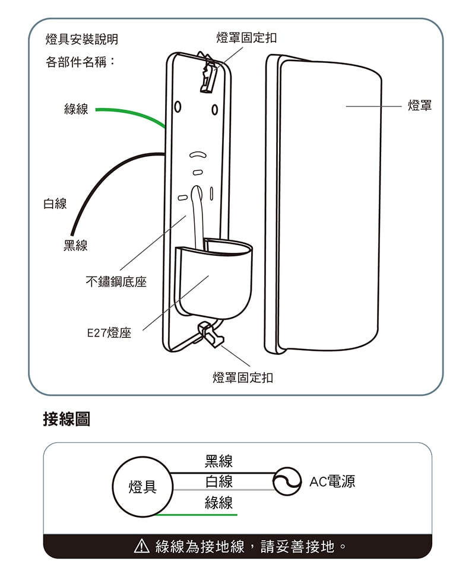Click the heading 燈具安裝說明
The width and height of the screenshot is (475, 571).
82,40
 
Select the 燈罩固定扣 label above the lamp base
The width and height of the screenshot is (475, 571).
246,38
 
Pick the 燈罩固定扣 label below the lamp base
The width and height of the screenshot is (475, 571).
243,378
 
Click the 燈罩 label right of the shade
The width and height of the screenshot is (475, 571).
420,106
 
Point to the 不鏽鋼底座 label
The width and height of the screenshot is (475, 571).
116,283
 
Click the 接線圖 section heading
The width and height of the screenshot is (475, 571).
66,419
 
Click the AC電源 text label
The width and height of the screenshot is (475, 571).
332,481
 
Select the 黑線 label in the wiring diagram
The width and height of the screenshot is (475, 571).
218,461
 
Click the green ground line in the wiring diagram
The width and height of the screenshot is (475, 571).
196,515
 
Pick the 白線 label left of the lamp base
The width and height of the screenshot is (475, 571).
55,204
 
